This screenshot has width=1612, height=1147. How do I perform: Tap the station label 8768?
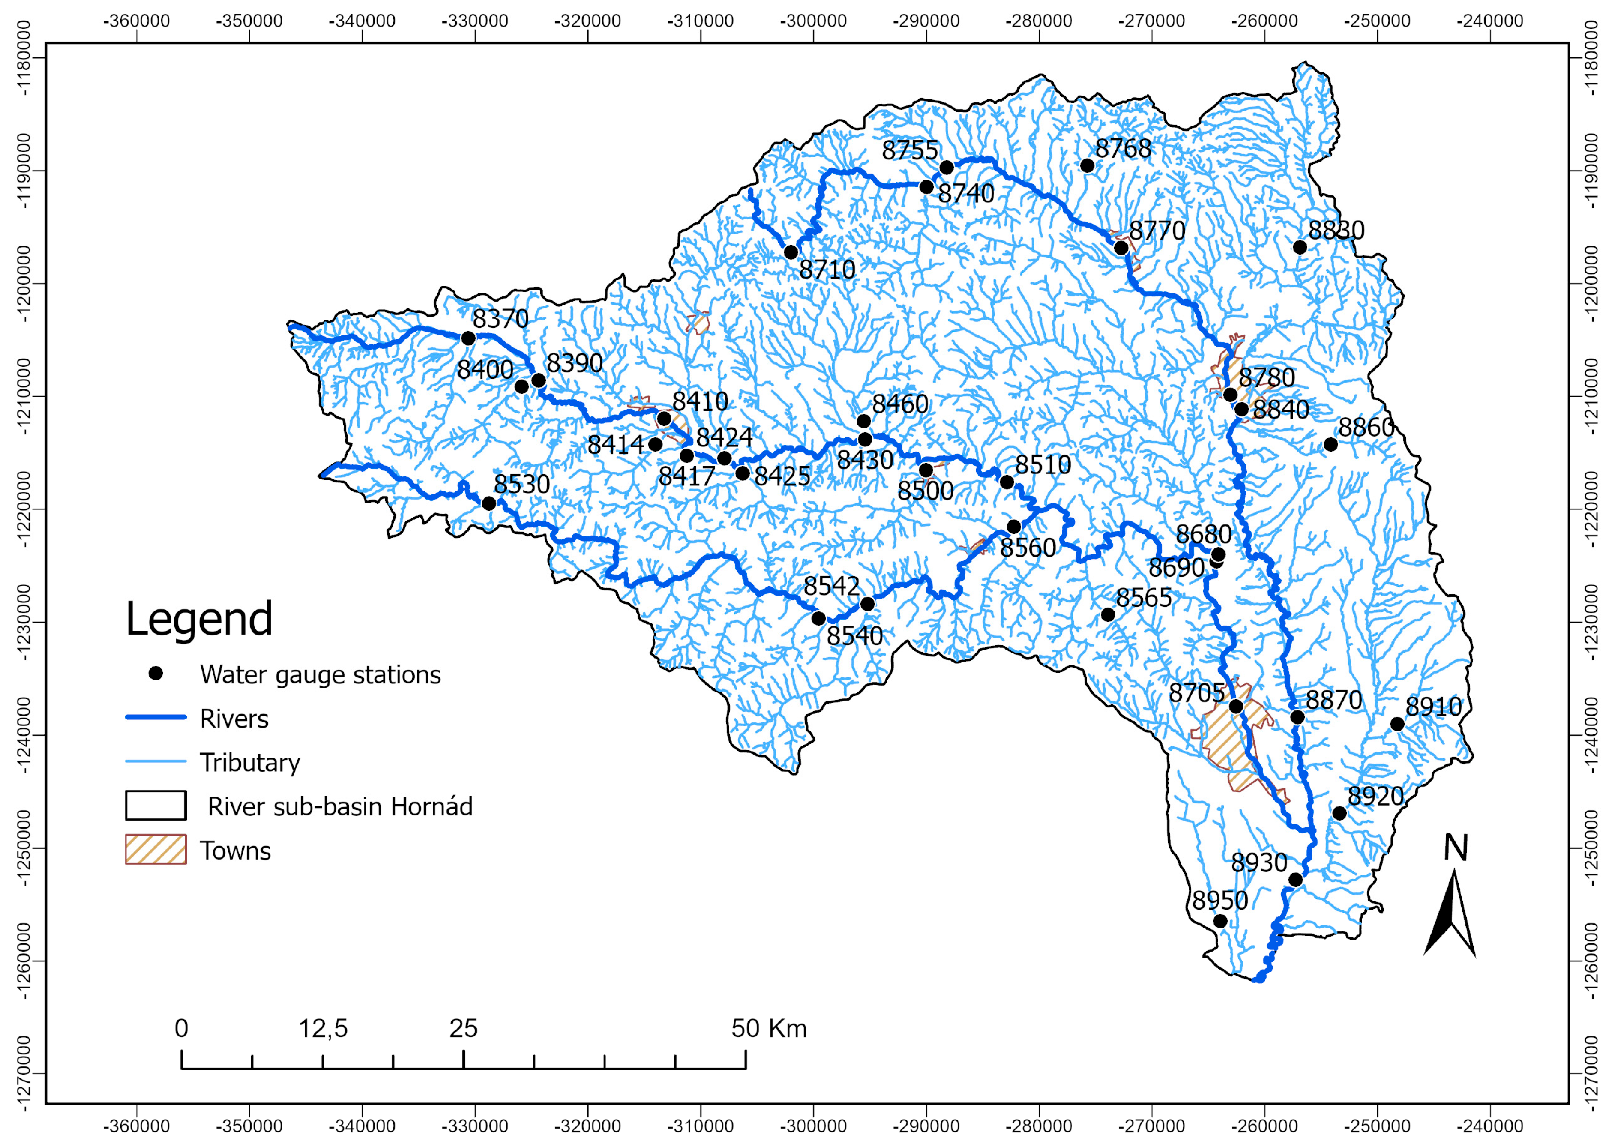(x=1123, y=149)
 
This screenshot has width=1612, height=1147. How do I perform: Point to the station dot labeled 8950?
(x=1220, y=921)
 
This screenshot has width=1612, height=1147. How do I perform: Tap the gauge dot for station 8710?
(x=791, y=252)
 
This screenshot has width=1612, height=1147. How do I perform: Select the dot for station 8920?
(x=1339, y=813)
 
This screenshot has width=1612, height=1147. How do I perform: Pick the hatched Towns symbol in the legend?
(x=156, y=850)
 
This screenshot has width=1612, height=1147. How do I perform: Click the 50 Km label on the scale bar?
(x=769, y=1029)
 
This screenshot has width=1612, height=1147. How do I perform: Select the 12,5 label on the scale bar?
(x=323, y=1029)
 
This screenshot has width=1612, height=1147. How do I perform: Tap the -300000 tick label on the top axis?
(x=813, y=21)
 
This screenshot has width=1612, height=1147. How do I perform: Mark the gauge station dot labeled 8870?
(x=1297, y=718)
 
